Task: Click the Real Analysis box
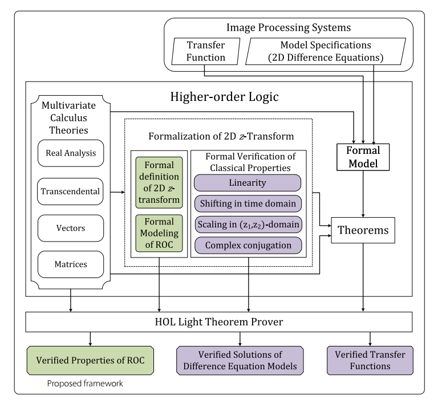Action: (71, 153)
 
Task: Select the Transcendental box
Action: (70, 191)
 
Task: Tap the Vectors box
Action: (71, 228)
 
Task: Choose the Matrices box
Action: (71, 264)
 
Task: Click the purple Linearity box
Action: (248, 183)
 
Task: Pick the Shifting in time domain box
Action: (248, 203)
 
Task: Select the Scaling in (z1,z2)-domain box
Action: (248, 225)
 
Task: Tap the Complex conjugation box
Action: (248, 245)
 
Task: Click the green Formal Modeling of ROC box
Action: (159, 233)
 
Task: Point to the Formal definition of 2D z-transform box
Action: (159, 182)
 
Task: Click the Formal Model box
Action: (363, 157)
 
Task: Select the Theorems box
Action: (363, 230)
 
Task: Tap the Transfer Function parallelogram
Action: (206, 51)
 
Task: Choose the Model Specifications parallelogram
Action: (326, 51)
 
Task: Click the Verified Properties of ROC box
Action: (90, 360)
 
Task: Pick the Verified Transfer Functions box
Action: (370, 360)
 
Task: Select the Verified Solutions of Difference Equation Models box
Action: (240, 360)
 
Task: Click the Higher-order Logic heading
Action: (224, 97)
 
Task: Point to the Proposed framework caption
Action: (85, 383)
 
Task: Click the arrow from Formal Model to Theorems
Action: (363, 194)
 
